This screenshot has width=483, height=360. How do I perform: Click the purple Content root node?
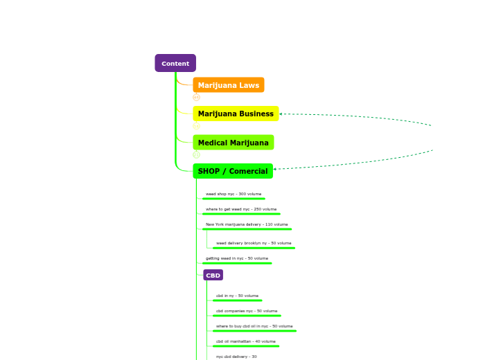175,64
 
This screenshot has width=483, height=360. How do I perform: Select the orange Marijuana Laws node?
228,85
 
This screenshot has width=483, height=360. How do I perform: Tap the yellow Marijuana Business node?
236,114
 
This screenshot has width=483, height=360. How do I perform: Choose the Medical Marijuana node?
233,143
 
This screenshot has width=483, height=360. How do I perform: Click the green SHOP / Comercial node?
232,171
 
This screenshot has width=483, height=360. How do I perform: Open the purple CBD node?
213,276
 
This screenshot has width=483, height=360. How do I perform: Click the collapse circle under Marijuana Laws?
196,98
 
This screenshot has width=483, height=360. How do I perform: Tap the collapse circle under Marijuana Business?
196,126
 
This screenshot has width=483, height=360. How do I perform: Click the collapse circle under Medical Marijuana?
196,154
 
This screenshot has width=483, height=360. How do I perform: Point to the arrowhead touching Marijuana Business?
281,114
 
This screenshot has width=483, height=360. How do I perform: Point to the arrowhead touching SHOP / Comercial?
275,169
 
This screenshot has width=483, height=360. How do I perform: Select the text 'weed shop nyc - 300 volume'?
234,194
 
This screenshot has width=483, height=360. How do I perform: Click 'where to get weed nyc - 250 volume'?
241,209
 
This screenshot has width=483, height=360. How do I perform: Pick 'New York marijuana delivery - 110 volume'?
247,224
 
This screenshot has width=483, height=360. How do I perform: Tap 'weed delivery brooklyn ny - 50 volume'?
254,243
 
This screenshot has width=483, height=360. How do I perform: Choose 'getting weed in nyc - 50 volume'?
237,258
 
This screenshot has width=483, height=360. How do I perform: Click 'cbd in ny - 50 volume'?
237,296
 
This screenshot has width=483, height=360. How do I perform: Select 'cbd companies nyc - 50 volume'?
247,311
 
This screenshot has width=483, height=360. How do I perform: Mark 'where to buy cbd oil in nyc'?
254,326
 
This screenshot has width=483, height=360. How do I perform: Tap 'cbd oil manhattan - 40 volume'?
246,341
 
